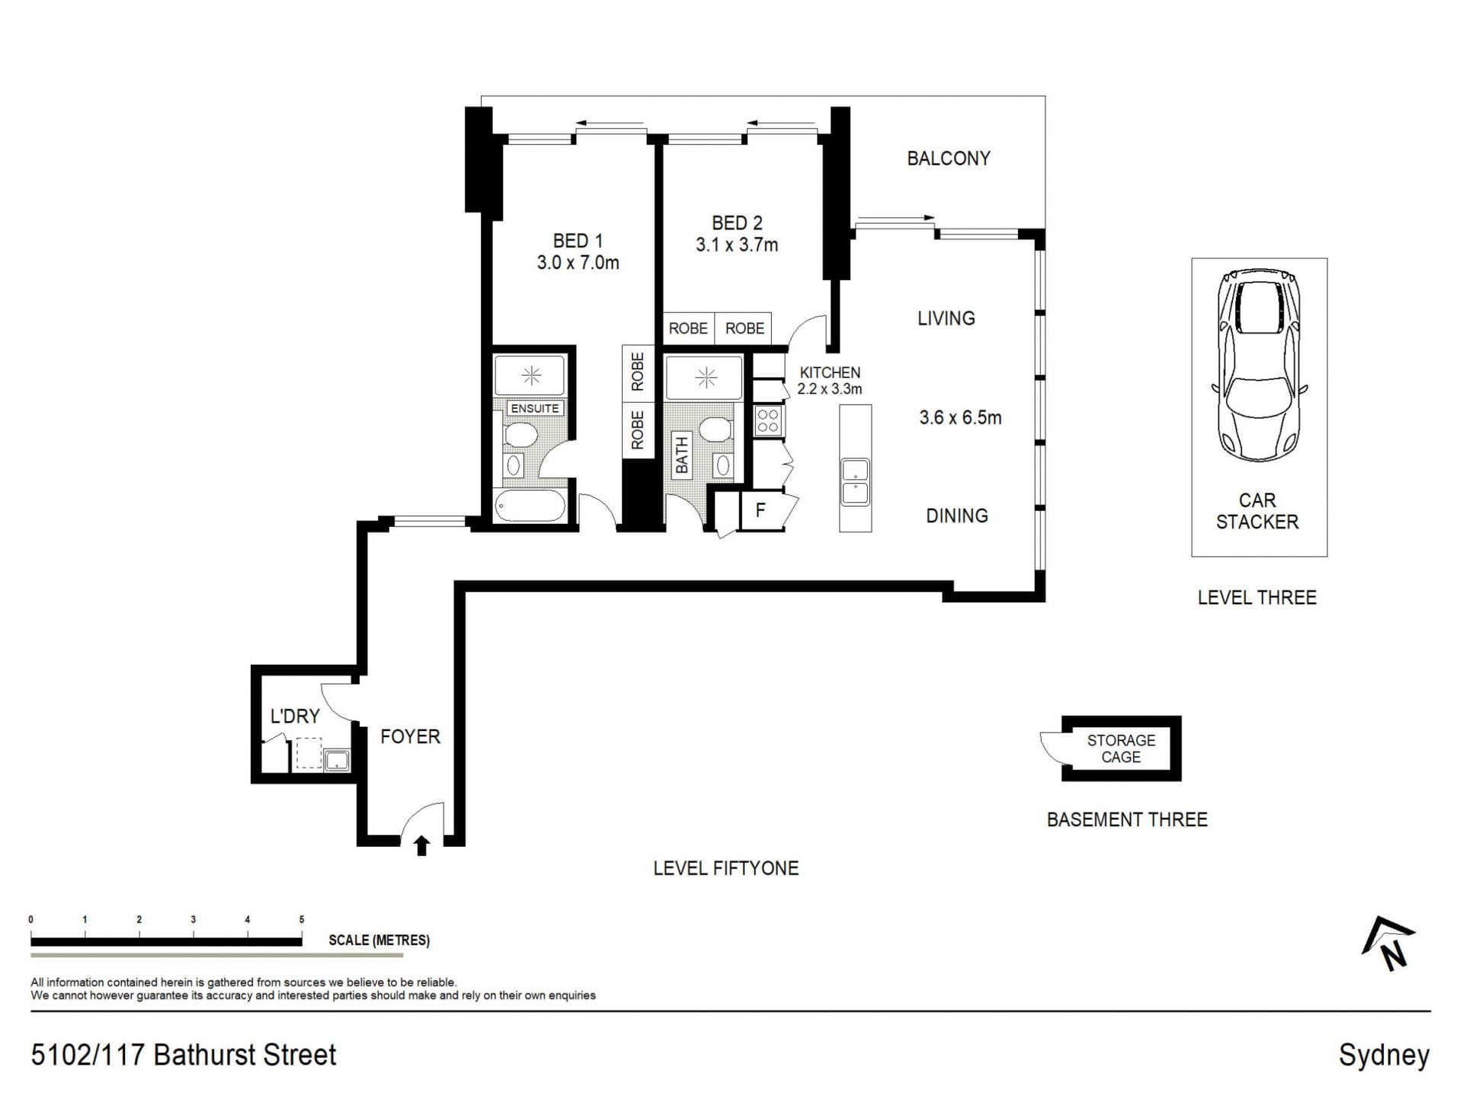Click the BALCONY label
click(x=948, y=158)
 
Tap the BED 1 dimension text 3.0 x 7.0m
click(x=578, y=263)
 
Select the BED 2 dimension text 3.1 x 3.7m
click(x=737, y=245)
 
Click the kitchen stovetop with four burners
click(x=768, y=421)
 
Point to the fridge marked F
click(x=760, y=510)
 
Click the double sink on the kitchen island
click(x=855, y=482)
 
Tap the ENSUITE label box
click(x=534, y=408)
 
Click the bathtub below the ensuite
click(x=530, y=506)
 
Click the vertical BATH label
click(x=681, y=455)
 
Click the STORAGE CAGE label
click(x=1121, y=749)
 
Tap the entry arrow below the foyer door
click(x=421, y=846)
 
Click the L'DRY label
click(x=295, y=716)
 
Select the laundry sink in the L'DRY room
click(x=336, y=760)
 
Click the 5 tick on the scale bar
click(x=302, y=919)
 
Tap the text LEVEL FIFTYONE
click(x=726, y=868)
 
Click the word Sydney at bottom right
click(x=1385, y=1056)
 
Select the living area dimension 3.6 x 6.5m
click(x=960, y=417)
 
